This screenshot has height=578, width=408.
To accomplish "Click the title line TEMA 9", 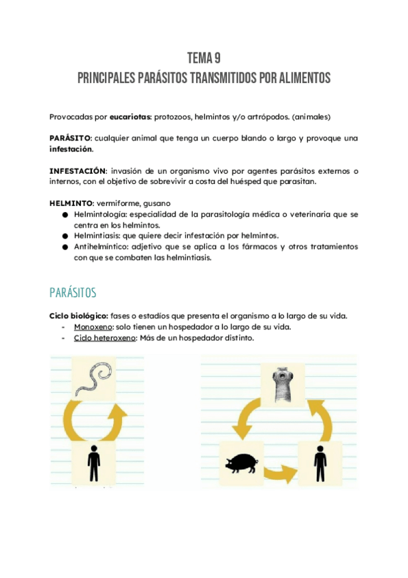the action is (204, 58).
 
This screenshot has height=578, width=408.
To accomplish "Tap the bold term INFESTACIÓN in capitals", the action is (78, 170).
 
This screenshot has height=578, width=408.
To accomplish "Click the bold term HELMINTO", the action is (70, 203).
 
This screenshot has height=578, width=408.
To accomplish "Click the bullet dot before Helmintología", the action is (65, 214).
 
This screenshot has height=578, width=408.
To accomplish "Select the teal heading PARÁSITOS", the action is (74, 292).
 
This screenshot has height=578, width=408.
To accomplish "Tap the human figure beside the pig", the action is (319, 464).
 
